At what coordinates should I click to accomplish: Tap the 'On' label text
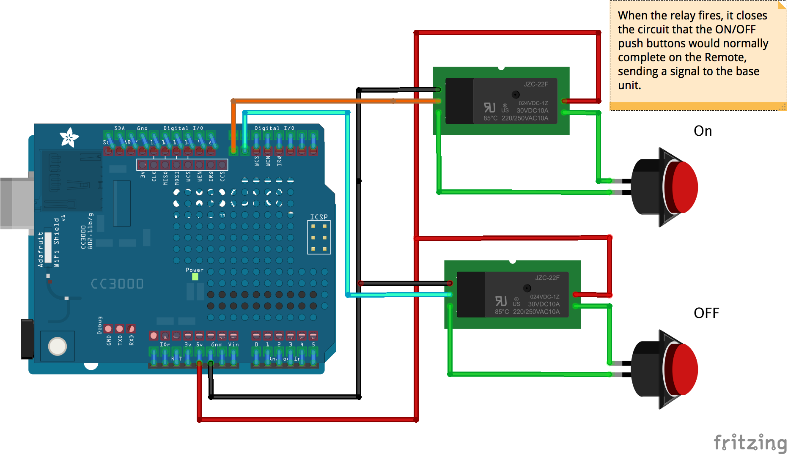click(x=703, y=131)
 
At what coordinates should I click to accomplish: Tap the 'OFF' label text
click(x=706, y=313)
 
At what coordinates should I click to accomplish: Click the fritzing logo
click(x=750, y=443)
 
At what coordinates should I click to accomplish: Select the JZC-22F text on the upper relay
click(x=535, y=84)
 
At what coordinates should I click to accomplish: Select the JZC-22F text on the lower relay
click(x=547, y=278)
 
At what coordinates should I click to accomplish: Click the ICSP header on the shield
click(x=319, y=237)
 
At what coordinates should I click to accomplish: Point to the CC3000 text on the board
click(x=117, y=284)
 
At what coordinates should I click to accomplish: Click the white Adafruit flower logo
click(x=69, y=137)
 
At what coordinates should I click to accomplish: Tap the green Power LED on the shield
click(x=195, y=277)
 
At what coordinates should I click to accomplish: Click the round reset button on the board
click(x=58, y=346)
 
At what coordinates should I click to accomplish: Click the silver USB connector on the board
click(x=16, y=203)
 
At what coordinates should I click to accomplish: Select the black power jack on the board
click(x=27, y=339)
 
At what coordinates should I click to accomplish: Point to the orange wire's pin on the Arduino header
click(x=233, y=150)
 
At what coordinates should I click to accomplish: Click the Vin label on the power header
click(x=233, y=345)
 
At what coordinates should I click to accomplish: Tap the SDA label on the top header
click(x=120, y=128)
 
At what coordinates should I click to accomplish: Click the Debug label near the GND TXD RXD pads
click(x=100, y=325)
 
